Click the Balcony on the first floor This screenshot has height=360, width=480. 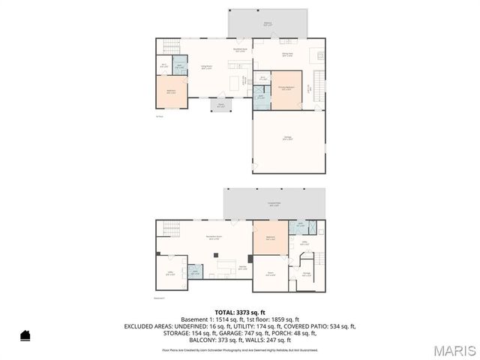click(x=268, y=23)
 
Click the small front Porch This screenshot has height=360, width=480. click(x=221, y=106)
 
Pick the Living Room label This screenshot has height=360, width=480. click(x=204, y=68)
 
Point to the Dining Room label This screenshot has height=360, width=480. click(x=287, y=54)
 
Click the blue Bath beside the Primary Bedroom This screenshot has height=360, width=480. click(x=260, y=97)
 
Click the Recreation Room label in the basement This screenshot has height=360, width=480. click(x=214, y=238)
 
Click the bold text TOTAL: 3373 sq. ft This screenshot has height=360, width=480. click(x=240, y=313)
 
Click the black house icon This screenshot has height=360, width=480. click(x=25, y=335)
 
